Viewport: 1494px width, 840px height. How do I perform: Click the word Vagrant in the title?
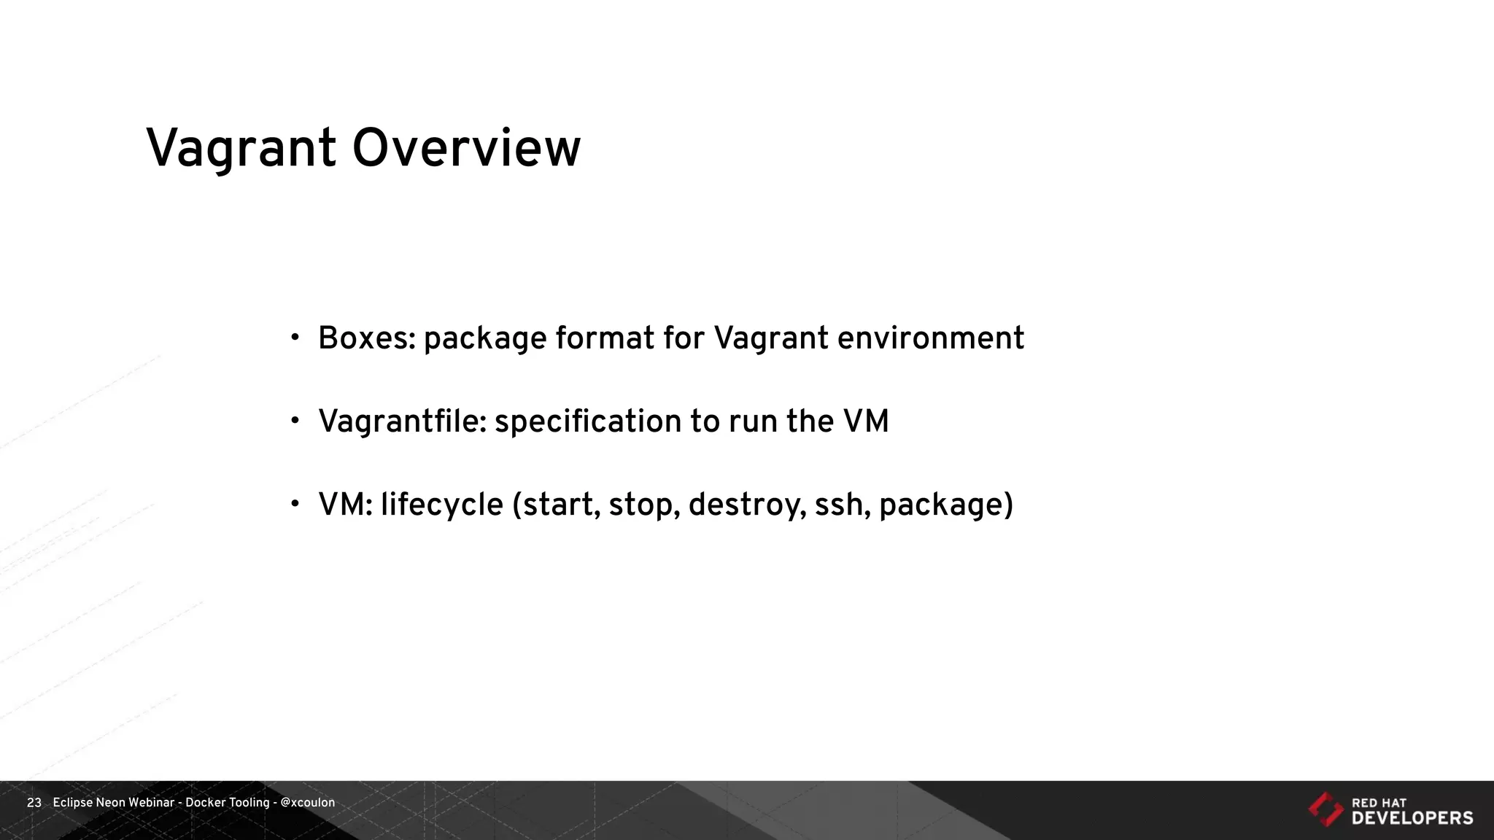click(x=241, y=149)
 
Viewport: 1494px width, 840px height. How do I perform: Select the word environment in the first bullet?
click(x=930, y=338)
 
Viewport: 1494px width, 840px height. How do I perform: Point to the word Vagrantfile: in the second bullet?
click(x=402, y=421)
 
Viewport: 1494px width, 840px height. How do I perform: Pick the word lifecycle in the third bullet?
click(x=441, y=505)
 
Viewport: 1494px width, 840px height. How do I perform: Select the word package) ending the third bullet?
click(x=946, y=505)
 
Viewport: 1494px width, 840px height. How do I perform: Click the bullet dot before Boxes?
click(x=295, y=338)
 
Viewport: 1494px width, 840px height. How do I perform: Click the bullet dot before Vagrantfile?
click(x=295, y=421)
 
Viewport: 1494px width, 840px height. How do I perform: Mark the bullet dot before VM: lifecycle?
click(x=295, y=504)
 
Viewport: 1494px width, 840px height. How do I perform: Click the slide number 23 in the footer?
click(x=34, y=803)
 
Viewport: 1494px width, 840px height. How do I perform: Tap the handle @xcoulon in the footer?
click(x=307, y=803)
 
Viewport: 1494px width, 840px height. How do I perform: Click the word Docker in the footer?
click(x=206, y=803)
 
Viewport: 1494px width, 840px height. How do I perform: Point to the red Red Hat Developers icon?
click(x=1325, y=809)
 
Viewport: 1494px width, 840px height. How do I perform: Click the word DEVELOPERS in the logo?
click(x=1412, y=818)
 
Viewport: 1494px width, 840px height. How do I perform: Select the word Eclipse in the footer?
click(x=72, y=803)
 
